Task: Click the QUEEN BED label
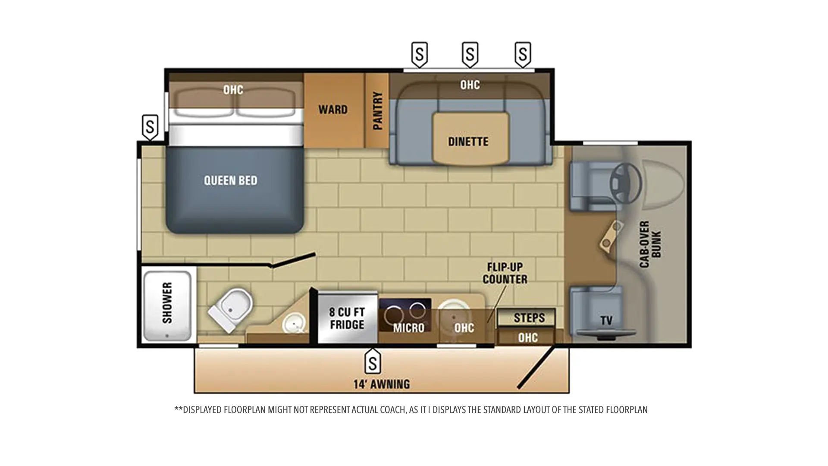coord(230,180)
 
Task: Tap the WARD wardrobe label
coord(333,110)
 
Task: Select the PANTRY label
coord(377,110)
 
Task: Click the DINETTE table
coord(470,139)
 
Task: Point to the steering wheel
coord(626,183)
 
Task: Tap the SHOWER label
coord(167,303)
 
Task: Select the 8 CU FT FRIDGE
coord(347,318)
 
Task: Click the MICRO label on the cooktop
coord(408,328)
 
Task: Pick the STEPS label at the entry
coord(529,318)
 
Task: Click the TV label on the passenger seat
coord(606,321)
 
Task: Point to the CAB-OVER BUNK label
coord(650,244)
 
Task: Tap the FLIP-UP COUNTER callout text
coord(505,273)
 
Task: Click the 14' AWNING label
coord(382,384)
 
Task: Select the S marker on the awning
coord(373,361)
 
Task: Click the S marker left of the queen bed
coord(150,127)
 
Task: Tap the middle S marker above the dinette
coord(470,54)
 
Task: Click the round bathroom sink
coord(294,323)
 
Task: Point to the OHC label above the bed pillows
coord(233,90)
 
